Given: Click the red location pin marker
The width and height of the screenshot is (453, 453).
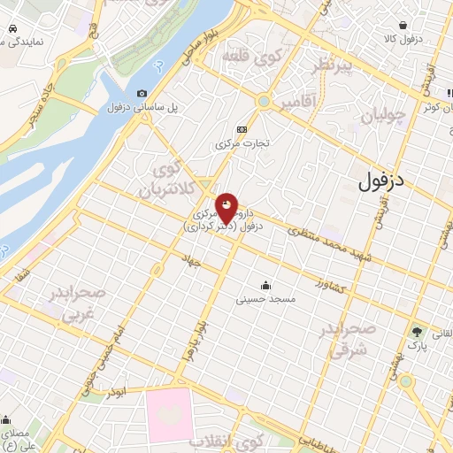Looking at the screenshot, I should click(227, 208).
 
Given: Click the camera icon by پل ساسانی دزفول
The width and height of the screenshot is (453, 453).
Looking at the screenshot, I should click(142, 94).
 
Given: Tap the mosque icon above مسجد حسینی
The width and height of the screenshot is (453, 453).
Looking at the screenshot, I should click(265, 285).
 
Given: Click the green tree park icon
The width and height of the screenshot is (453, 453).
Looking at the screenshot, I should click(416, 332).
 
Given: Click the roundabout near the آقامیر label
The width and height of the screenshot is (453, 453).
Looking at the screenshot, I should click(263, 102).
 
